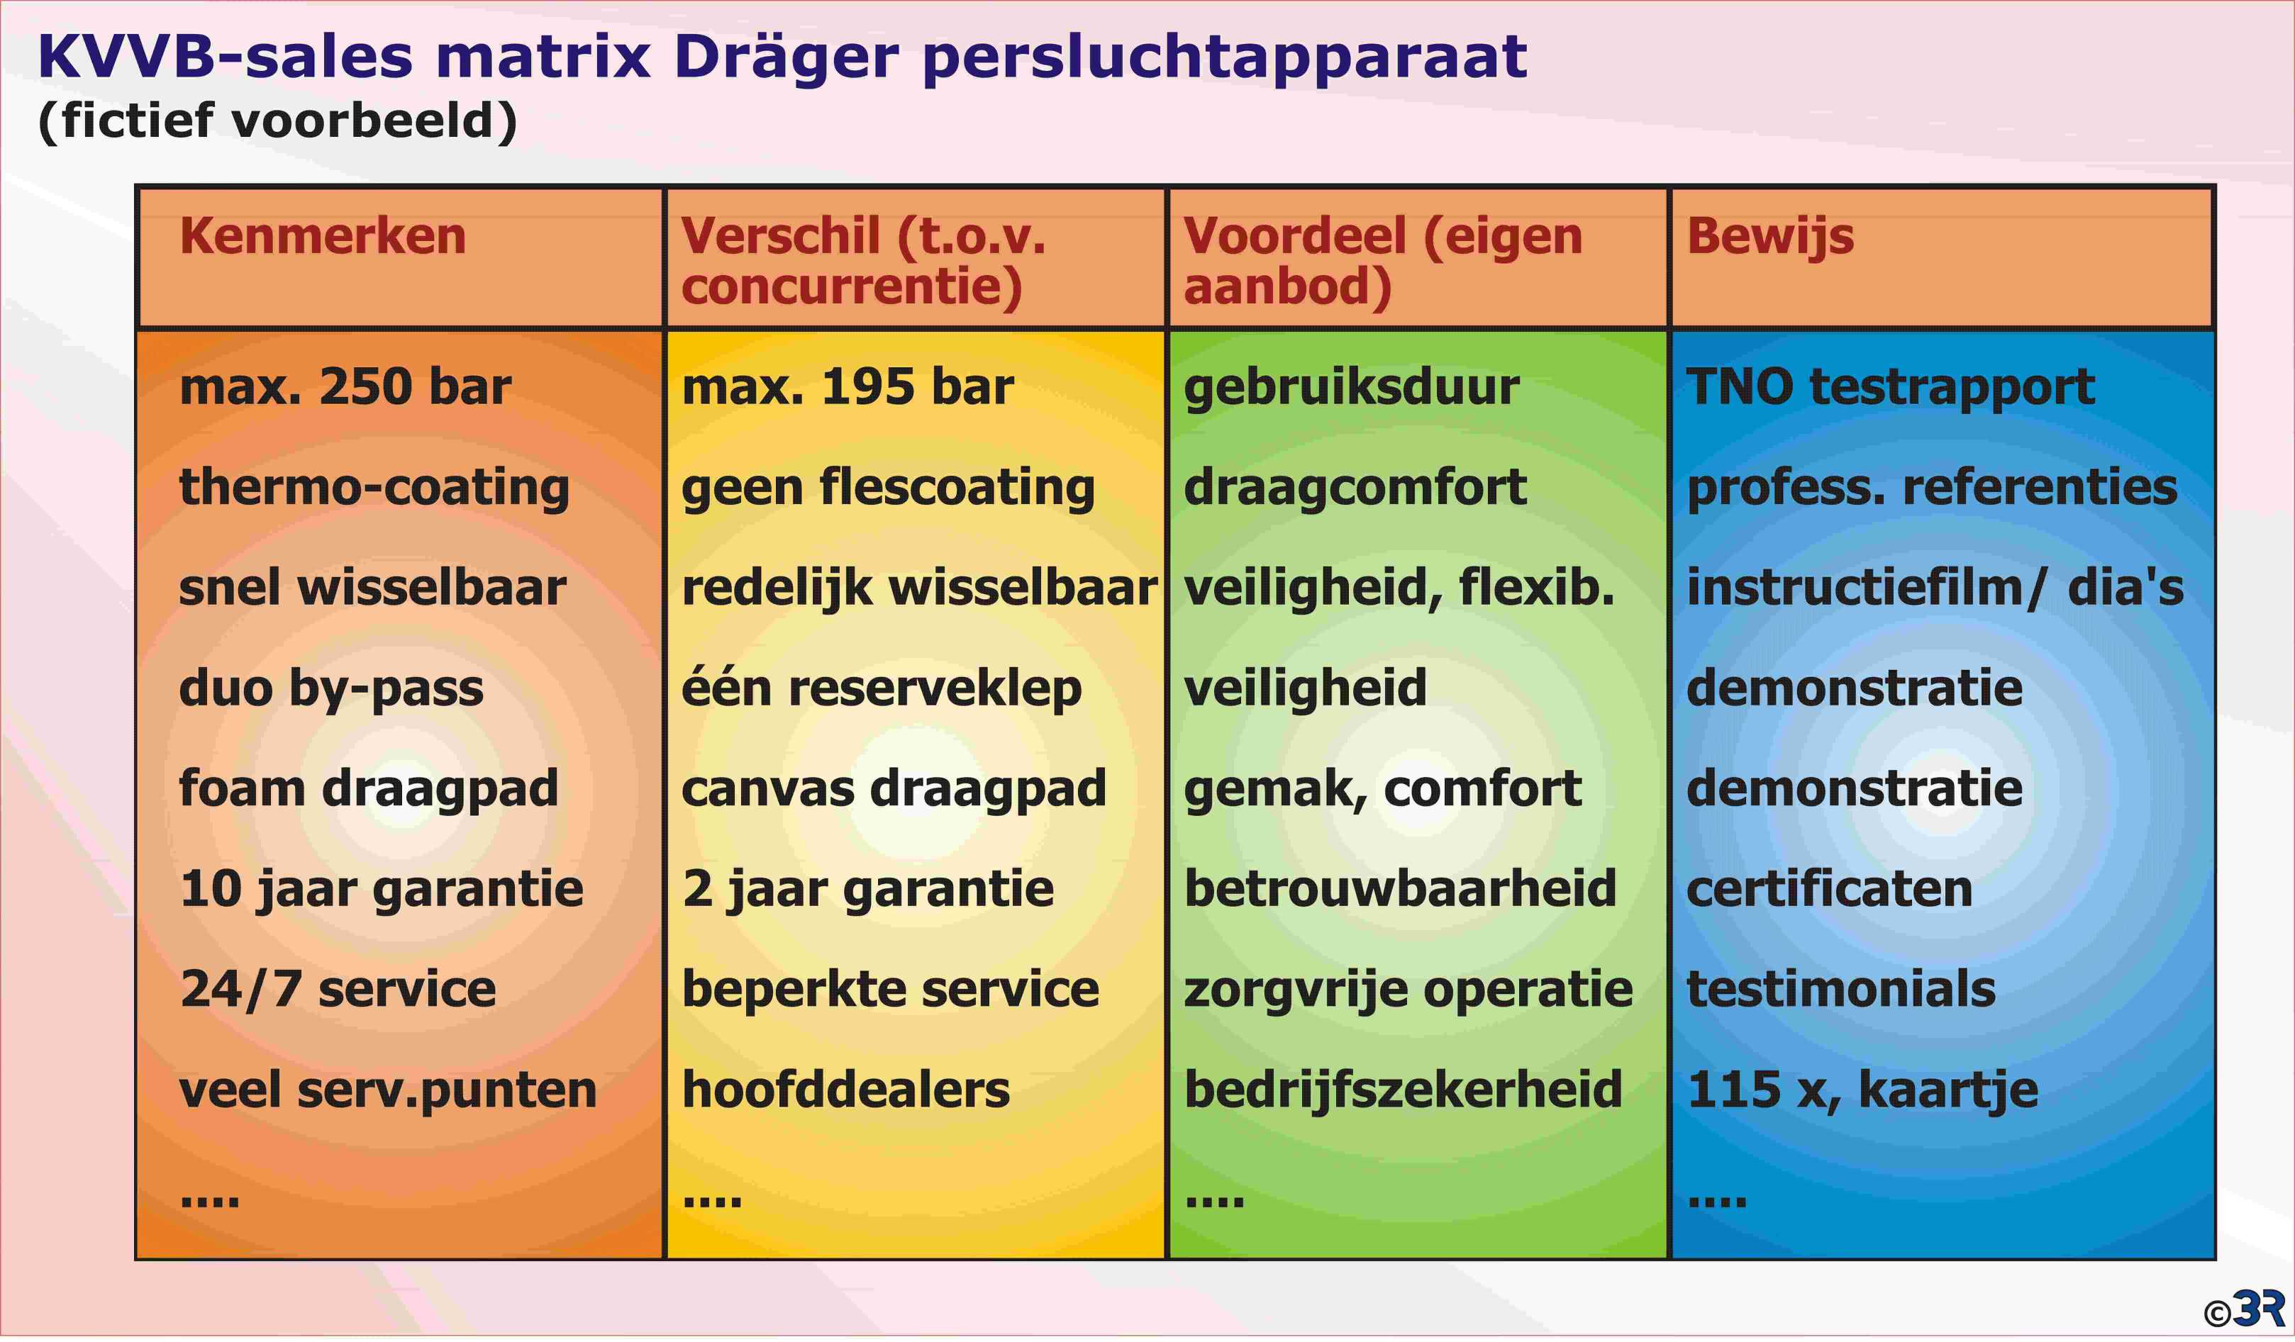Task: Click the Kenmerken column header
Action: pyautogui.click(x=323, y=236)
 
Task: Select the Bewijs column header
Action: pyautogui.click(x=1769, y=237)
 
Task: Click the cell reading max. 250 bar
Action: pyautogui.click(x=345, y=386)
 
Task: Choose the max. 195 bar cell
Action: pyautogui.click(x=848, y=386)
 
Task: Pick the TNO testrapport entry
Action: pyautogui.click(x=1890, y=388)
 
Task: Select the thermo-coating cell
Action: pyautogui.click(x=374, y=488)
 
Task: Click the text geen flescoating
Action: pyautogui.click(x=888, y=488)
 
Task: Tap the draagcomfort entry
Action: pyautogui.click(x=1355, y=488)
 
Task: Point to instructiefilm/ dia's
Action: pyautogui.click(x=1935, y=586)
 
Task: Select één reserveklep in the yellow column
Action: pyautogui.click(x=882, y=688)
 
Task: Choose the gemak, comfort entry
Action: pyautogui.click(x=1382, y=789)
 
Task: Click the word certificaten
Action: pyautogui.click(x=1830, y=888)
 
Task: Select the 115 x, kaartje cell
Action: pyautogui.click(x=1862, y=1090)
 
